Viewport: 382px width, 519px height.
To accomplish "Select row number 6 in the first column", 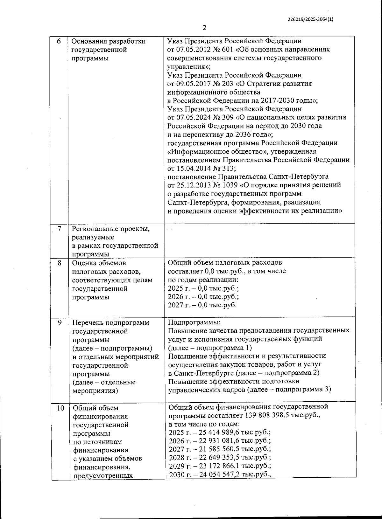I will (x=59, y=41).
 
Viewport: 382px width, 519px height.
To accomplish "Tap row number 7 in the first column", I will (x=60, y=229).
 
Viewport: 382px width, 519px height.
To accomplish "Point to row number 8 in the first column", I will (x=60, y=263).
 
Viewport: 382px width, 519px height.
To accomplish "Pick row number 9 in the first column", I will (x=60, y=322).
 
